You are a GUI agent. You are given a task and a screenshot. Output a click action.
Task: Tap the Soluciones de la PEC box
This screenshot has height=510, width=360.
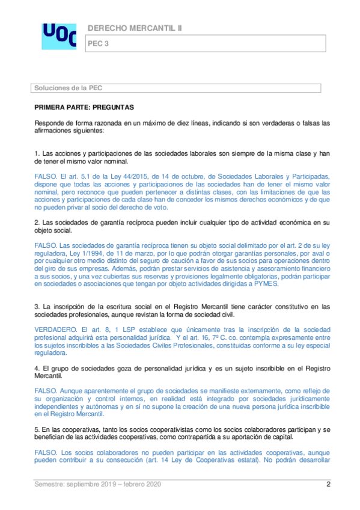point(180,88)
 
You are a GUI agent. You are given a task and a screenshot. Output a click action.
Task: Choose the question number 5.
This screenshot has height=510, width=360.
point(36,430)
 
